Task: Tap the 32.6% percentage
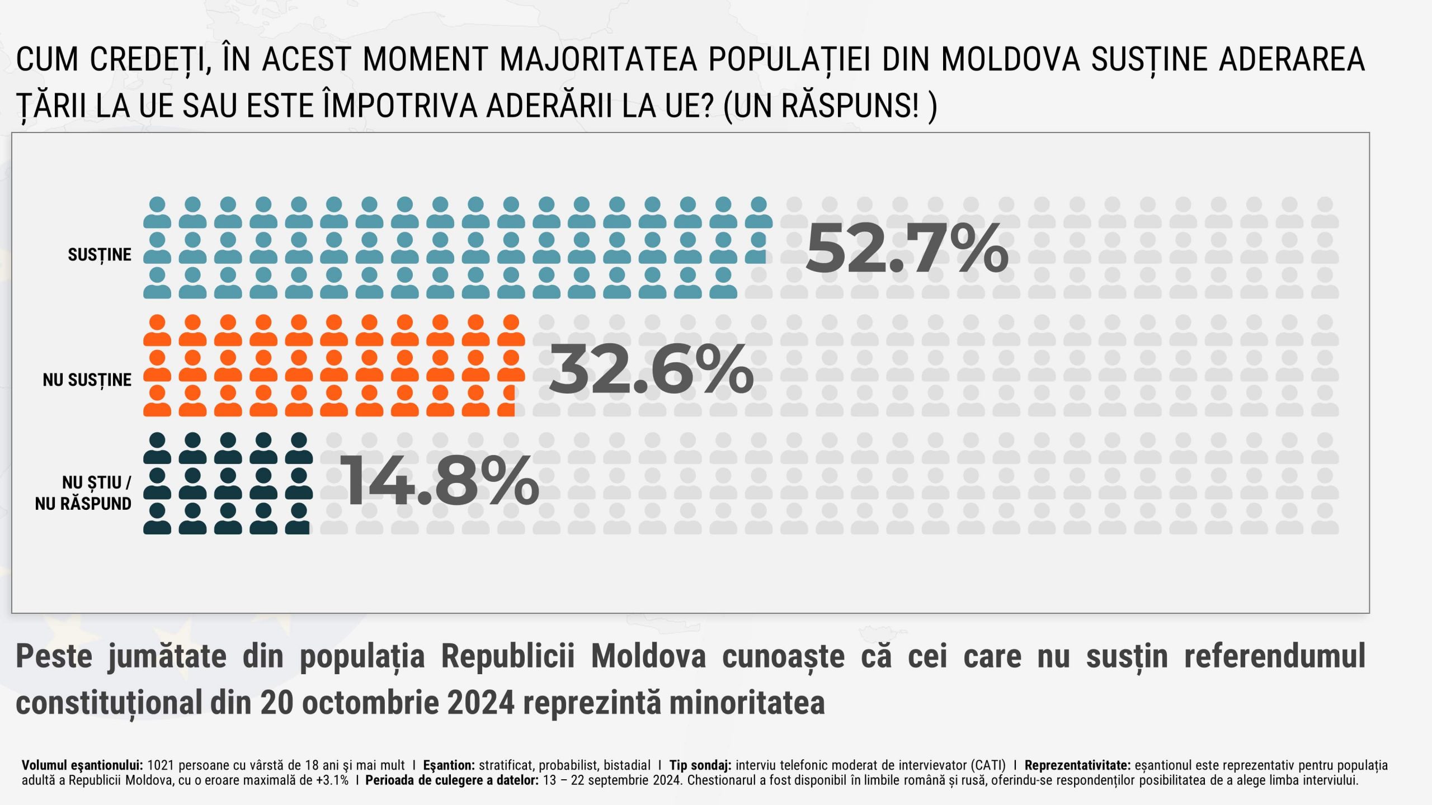652,369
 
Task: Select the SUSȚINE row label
100,255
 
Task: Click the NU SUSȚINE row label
87,380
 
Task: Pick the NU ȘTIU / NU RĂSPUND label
84,493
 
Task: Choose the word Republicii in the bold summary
508,656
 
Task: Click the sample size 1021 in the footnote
161,765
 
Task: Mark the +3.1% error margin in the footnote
332,780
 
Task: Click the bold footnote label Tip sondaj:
700,765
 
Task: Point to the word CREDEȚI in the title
150,59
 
